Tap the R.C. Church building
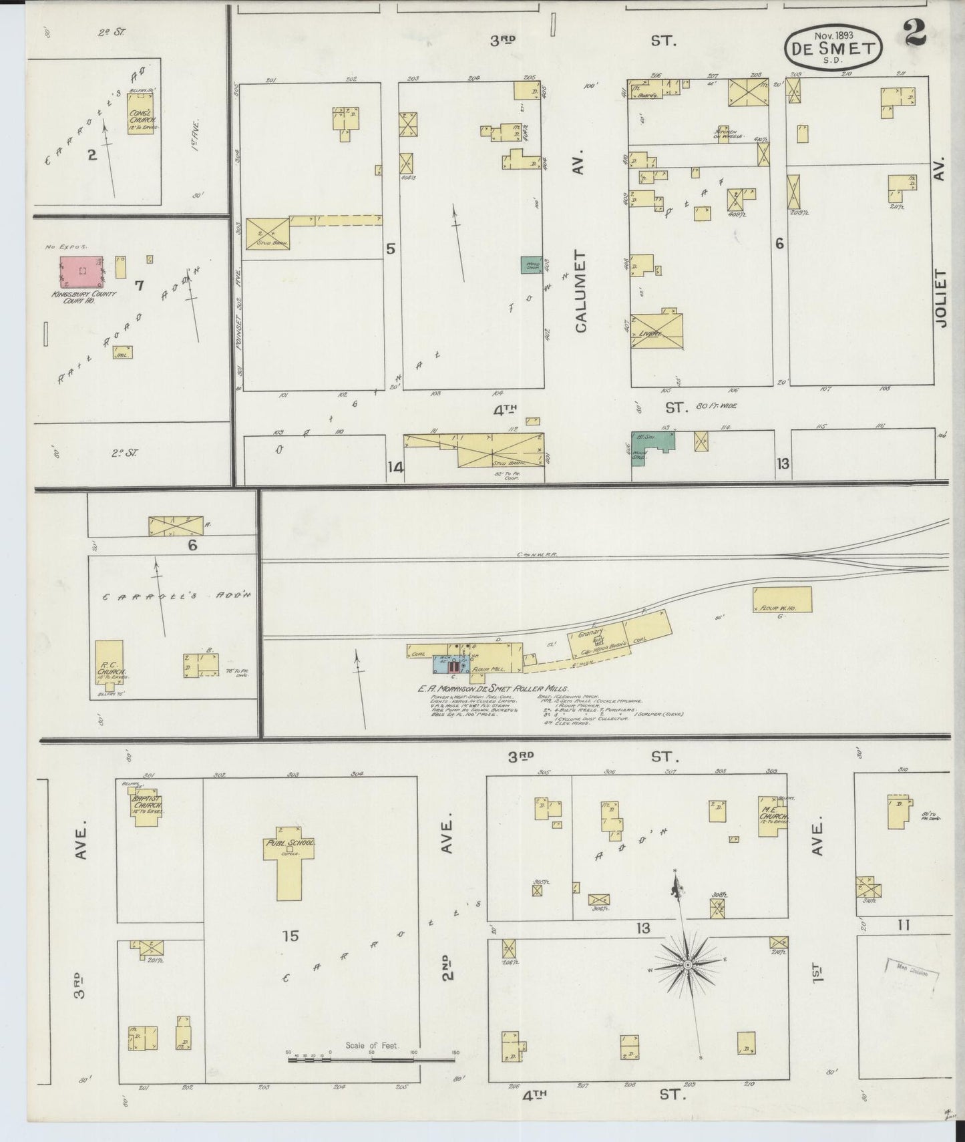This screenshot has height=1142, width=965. tap(109, 662)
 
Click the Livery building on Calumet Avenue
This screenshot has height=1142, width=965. tap(657, 331)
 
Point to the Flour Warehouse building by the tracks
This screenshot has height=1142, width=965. tap(782, 600)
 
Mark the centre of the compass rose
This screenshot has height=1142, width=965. tap(687, 965)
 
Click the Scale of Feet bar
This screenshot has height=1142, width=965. tap(371, 1059)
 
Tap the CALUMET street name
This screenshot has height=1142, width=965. tap(580, 291)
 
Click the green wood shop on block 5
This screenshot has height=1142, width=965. tap(532, 264)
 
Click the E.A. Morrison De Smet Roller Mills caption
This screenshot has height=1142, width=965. tap(492, 688)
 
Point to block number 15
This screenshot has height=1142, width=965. tap(290, 936)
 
